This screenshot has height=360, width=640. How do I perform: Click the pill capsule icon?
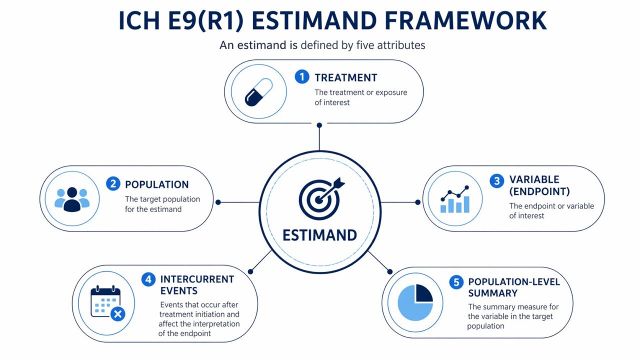(258, 91)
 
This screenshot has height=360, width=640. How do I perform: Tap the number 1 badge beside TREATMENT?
(301, 77)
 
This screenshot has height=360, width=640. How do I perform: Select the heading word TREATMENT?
(345, 77)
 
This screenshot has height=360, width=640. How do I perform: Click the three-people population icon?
(71, 199)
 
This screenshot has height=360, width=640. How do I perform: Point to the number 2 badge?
(113, 184)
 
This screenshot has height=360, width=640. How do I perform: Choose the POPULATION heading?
(156, 184)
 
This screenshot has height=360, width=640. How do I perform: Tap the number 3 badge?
(496, 180)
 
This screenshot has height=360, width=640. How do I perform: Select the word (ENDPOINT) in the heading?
(539, 191)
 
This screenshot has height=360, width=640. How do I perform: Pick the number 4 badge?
(148, 279)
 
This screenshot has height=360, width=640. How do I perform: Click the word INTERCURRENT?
(197, 279)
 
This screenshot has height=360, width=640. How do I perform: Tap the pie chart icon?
(415, 302)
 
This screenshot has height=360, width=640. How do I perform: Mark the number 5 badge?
(456, 282)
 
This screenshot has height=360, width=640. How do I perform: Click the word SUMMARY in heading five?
(492, 293)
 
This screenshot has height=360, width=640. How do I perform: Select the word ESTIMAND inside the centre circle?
(319, 235)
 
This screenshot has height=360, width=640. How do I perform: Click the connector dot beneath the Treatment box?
(319, 125)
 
